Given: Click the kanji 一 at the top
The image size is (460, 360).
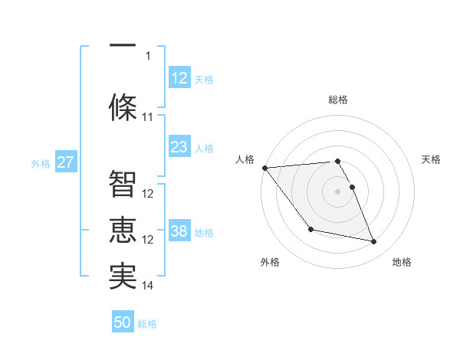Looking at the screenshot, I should pos(123,47).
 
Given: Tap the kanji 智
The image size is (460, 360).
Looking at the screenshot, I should pos(123,184).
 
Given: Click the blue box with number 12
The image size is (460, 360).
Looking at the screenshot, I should pos(179,77).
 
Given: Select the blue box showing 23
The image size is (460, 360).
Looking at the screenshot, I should pos(179,146).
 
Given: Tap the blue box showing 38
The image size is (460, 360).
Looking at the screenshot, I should pos(179,231).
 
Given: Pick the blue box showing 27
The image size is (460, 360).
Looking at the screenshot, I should pos(65,162).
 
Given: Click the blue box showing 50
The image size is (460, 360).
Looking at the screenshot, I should pos(123,322).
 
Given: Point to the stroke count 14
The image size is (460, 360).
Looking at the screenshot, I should pos(148,286).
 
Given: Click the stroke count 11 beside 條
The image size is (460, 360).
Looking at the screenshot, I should pos(148,117).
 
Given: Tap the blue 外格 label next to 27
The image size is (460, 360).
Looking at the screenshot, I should pos(41,163).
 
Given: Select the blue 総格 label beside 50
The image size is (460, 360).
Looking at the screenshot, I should pos(147,324).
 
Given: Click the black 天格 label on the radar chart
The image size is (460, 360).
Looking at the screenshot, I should pos(431,159).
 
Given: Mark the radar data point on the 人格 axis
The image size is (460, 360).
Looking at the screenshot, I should pos(264,168).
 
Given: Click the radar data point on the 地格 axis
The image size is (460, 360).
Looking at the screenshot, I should pos(374,242).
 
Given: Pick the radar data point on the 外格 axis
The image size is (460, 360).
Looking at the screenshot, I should pos(310,229).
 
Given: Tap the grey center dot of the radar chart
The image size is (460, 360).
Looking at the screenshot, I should pos(337,191).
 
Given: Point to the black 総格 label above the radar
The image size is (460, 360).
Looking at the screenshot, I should pos(337,100).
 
